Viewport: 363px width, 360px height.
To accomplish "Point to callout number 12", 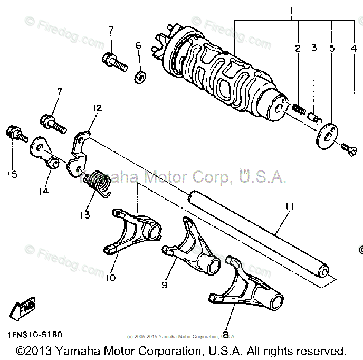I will point(97,108).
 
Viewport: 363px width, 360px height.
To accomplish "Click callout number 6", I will point(139,46).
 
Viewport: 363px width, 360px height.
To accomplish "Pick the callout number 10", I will point(111,277).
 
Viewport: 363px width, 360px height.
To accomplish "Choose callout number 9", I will point(164,285).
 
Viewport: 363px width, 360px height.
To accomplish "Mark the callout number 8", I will point(226,334).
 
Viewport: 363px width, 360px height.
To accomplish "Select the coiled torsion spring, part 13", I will point(98,182).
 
